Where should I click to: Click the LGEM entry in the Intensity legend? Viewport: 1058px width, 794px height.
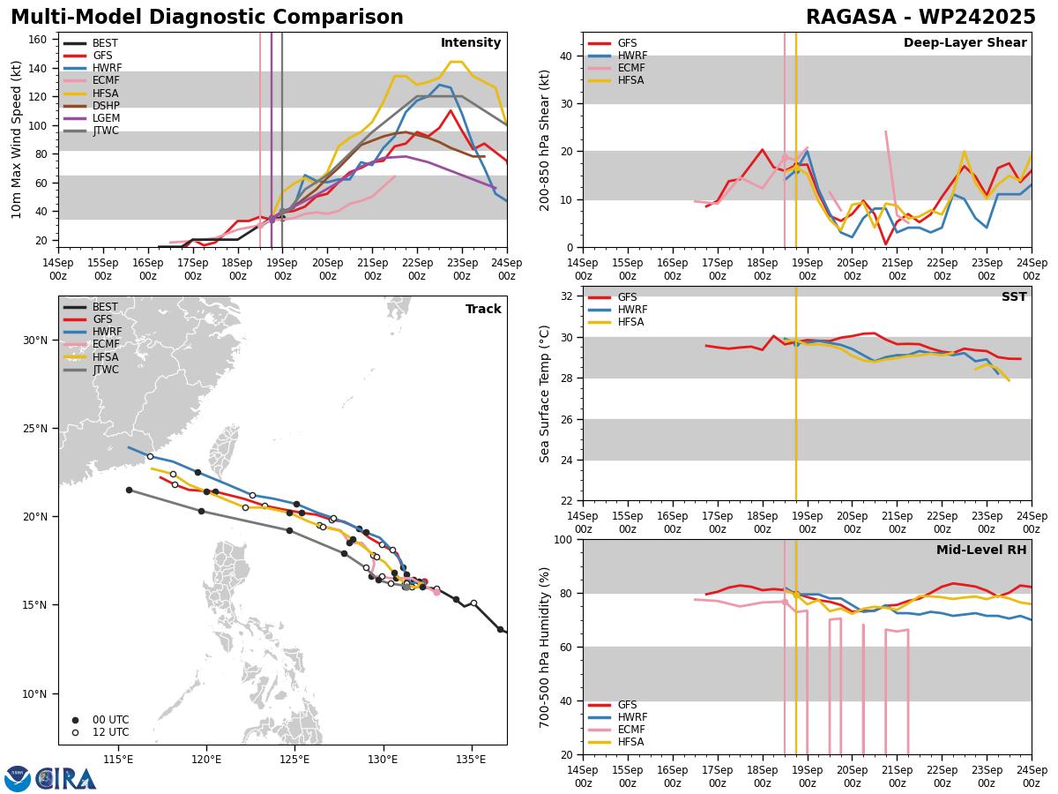pyautogui.click(x=106, y=118)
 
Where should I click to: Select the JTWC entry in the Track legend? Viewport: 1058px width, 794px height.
pyautogui.click(x=106, y=370)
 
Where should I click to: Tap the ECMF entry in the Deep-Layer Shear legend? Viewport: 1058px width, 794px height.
pyautogui.click(x=630, y=68)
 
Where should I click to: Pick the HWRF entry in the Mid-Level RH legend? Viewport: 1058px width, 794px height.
pyautogui.click(x=632, y=717)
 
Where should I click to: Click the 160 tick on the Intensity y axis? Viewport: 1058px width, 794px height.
pyautogui.click(x=41, y=40)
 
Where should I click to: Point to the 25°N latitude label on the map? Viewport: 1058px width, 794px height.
pyautogui.click(x=34, y=429)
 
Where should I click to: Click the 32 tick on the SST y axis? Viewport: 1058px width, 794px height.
pyautogui.click(x=564, y=296)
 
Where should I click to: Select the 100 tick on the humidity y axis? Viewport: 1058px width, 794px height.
pyautogui.click(x=562, y=539)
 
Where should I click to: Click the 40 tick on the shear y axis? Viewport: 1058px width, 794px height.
pyautogui.click(x=564, y=56)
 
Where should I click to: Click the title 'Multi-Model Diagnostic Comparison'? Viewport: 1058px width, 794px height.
pyautogui.click(x=207, y=18)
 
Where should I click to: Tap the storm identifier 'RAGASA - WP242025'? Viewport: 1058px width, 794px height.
pyautogui.click(x=920, y=18)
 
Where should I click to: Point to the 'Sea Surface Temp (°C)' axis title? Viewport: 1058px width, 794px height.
pyautogui.click(x=546, y=393)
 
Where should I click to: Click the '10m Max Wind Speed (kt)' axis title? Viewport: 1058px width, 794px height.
pyautogui.click(x=17, y=140)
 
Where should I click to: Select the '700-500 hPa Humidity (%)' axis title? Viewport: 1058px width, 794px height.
pyautogui.click(x=546, y=647)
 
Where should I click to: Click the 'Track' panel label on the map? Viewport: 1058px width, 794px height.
pyautogui.click(x=483, y=310)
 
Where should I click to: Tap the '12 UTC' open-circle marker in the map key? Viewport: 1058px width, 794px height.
pyautogui.click(x=75, y=732)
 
